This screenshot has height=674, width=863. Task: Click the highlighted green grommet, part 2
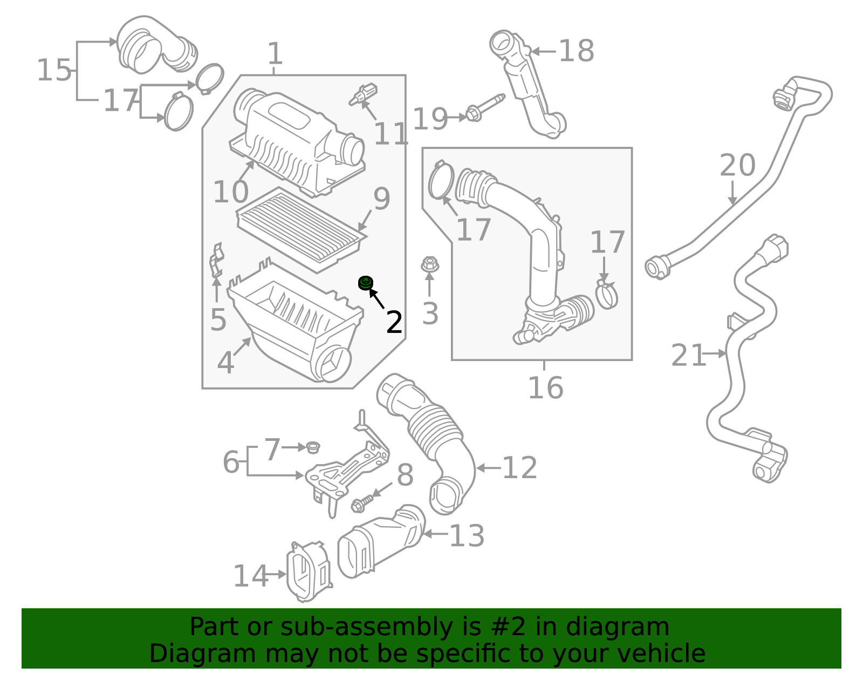[366, 282]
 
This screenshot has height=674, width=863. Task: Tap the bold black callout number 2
[394, 323]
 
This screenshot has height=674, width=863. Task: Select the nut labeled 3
[429, 264]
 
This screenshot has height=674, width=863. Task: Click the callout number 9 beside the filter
[381, 199]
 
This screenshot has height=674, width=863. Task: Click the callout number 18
[576, 51]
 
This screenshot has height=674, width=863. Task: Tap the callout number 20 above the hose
[737, 165]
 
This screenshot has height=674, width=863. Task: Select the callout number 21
[688, 356]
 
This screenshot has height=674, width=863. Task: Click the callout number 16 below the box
[545, 388]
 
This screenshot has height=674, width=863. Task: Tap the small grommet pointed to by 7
[313, 447]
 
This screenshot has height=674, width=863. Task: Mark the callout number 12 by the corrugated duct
[519, 468]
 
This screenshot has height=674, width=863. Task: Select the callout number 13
[467, 536]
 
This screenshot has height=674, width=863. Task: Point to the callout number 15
[53, 71]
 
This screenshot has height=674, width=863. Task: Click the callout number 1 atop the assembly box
[275, 55]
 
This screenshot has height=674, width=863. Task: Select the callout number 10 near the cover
[230, 192]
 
